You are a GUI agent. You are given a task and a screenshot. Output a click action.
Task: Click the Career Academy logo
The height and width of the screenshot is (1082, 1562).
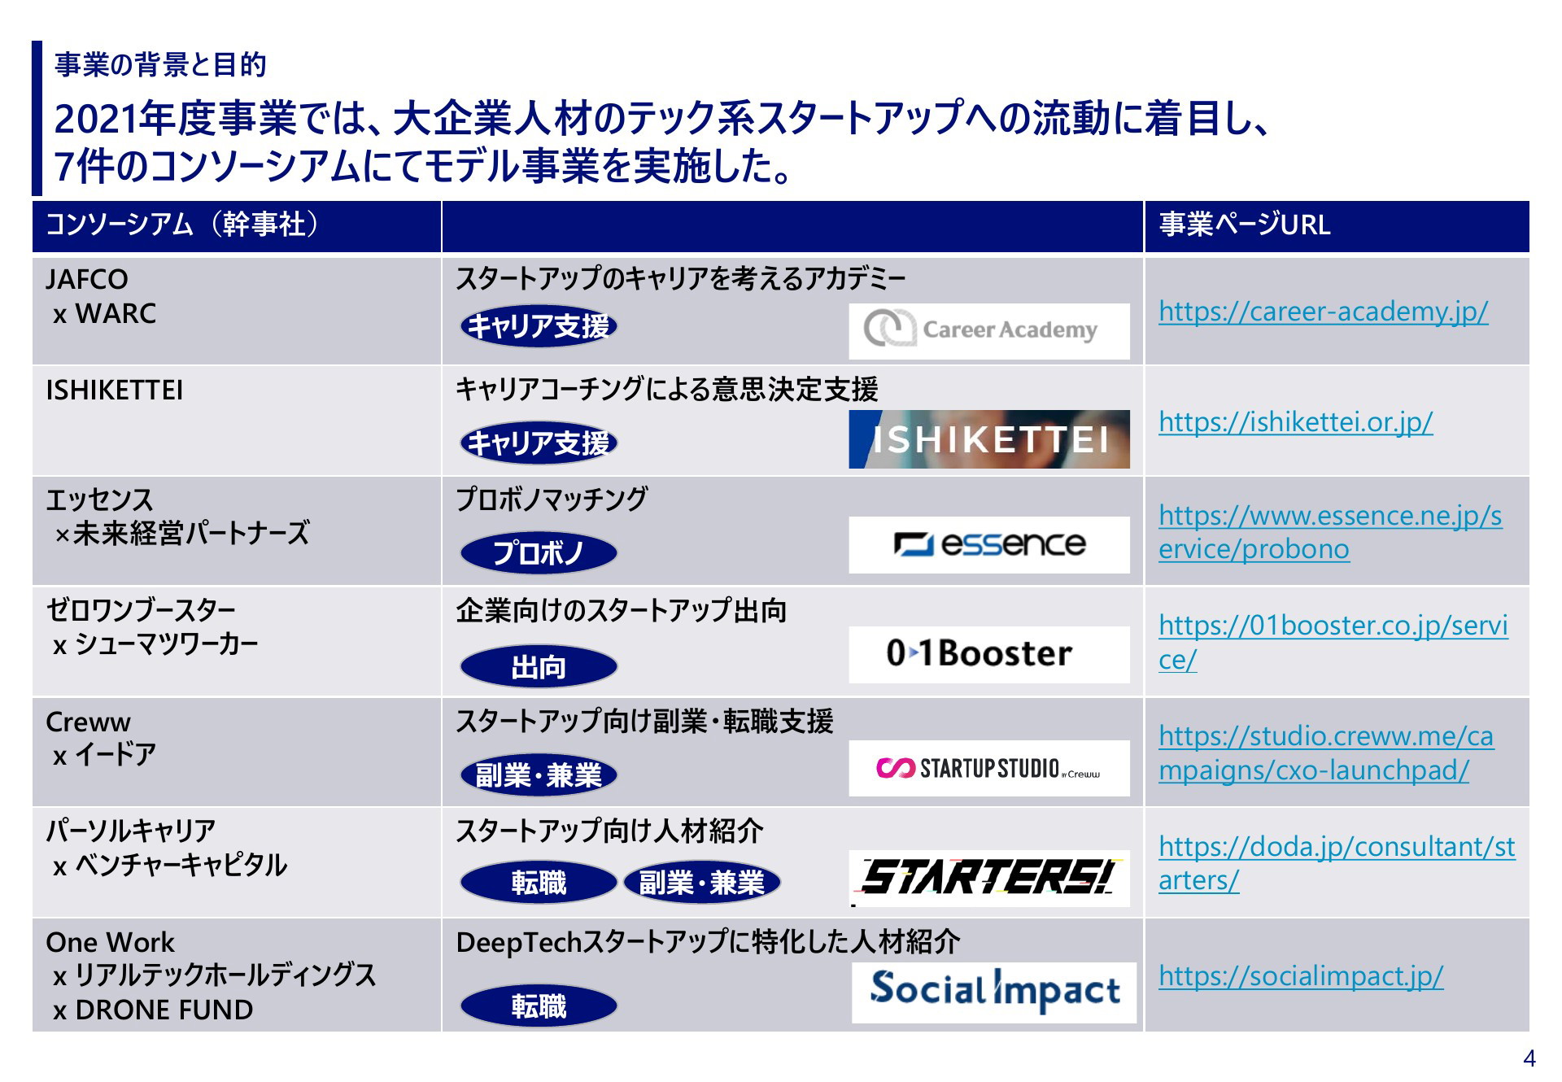[x=988, y=331]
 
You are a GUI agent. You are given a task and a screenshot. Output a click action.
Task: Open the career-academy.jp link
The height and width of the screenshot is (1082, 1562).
[x=1323, y=312]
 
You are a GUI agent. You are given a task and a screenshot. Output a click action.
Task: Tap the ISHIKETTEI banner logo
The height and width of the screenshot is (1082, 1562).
[x=988, y=439]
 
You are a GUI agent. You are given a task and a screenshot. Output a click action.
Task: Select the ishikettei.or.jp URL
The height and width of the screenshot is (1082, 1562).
[x=1295, y=422]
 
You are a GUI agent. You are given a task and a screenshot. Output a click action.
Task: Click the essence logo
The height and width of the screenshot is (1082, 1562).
[x=988, y=545]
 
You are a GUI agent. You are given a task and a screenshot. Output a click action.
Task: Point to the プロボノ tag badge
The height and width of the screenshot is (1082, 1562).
[x=539, y=553]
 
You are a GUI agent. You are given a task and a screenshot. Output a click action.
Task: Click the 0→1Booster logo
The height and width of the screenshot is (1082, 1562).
[x=988, y=655]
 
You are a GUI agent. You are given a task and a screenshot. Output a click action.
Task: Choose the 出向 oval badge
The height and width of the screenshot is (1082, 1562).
[x=539, y=667]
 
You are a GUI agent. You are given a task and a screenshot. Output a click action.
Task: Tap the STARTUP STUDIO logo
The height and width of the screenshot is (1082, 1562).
[x=988, y=768]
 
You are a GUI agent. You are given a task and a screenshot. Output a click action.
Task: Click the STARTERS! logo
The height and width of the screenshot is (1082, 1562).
[x=988, y=879]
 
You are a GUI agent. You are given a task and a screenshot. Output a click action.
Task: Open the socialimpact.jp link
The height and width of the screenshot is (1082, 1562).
[x=1301, y=975]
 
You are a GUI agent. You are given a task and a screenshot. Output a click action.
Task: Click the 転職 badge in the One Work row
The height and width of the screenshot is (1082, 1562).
[x=539, y=1006]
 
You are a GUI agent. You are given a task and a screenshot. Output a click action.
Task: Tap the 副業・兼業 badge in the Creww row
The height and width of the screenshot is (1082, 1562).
[x=539, y=774]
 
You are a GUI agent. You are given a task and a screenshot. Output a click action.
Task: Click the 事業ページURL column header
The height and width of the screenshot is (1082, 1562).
[x=1245, y=225]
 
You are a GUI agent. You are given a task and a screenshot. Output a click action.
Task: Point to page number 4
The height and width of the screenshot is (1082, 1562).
[x=1529, y=1058]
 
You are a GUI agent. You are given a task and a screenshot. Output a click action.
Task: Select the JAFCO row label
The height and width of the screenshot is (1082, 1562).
[x=87, y=280]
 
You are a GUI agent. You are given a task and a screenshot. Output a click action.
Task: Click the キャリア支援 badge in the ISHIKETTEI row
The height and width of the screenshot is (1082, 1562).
[x=539, y=443]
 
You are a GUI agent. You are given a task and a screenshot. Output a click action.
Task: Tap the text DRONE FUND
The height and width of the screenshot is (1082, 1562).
[x=164, y=1010]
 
